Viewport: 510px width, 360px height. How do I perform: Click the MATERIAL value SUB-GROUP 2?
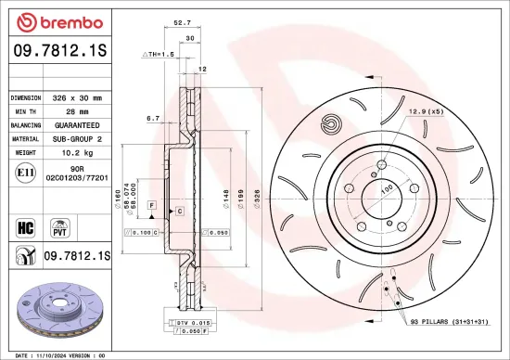point(83,136)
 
